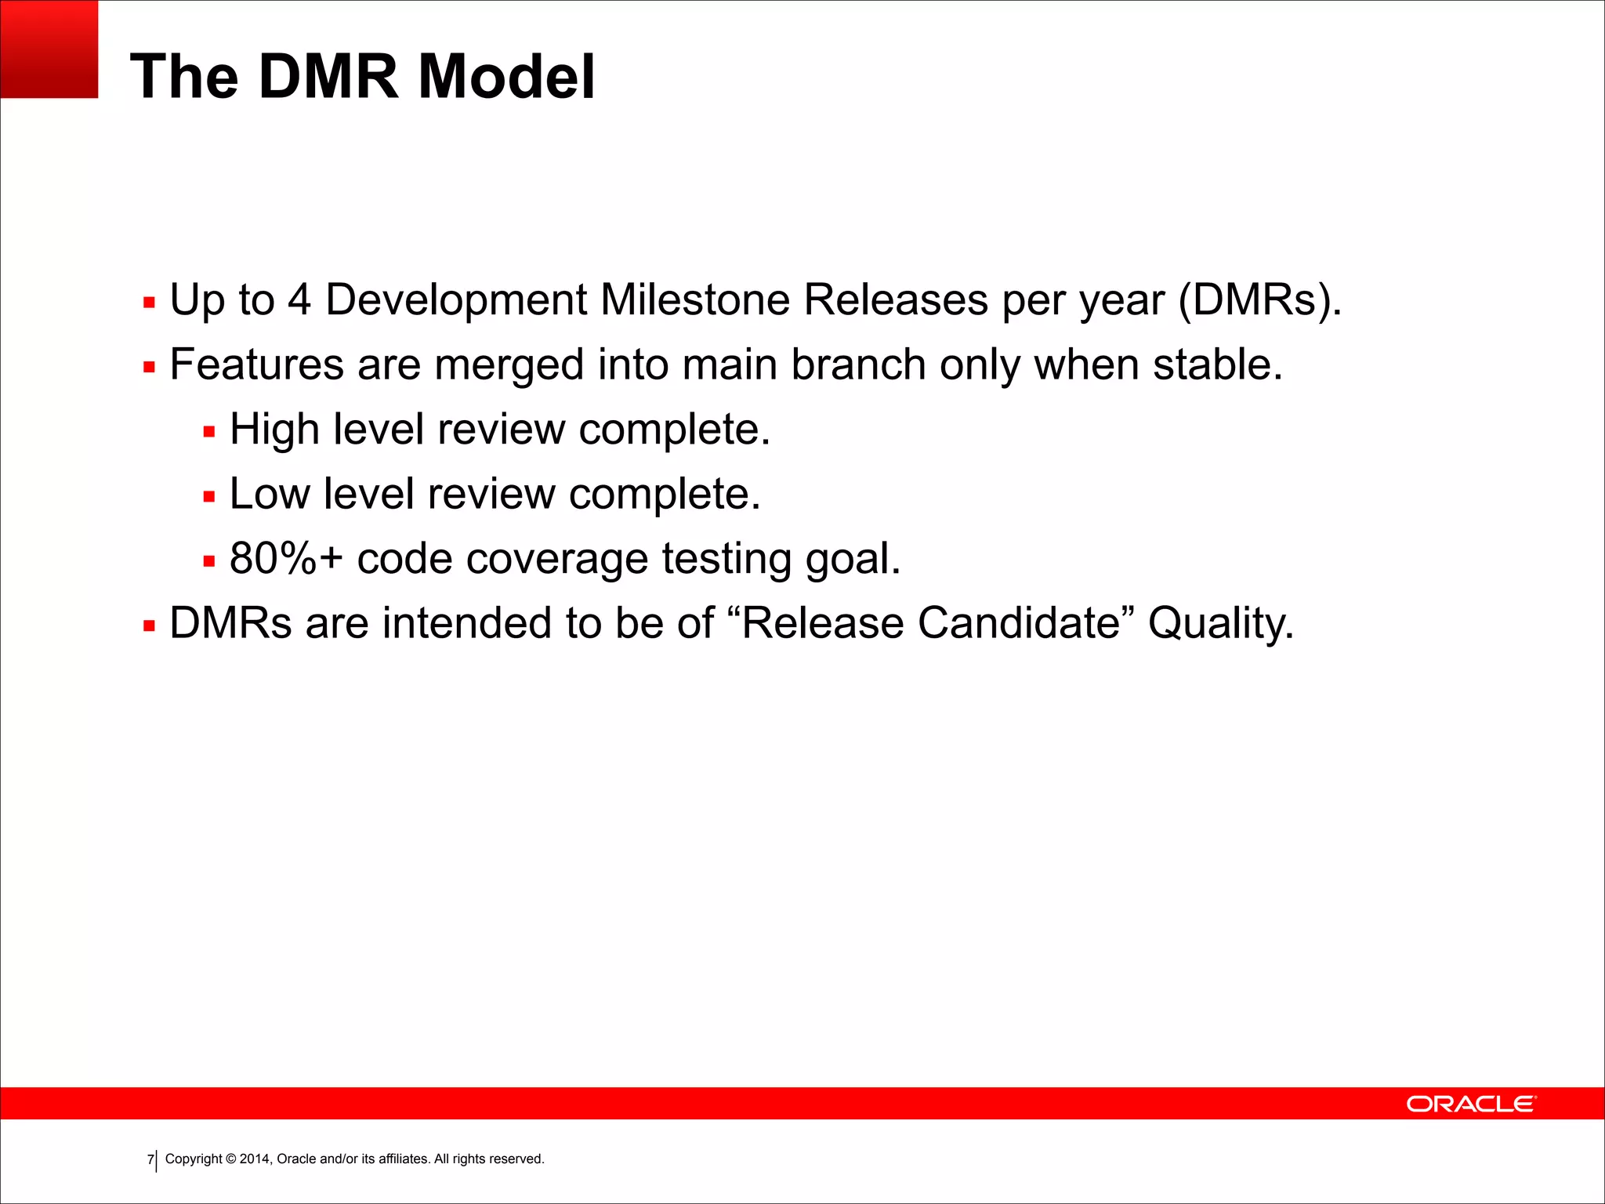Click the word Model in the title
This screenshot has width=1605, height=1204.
click(x=506, y=77)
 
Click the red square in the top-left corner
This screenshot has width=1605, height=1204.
click(x=49, y=49)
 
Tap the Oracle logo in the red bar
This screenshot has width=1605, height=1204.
click(x=1471, y=1104)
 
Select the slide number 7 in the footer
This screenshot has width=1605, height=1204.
click(x=150, y=1159)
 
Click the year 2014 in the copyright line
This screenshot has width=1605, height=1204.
click(x=255, y=1159)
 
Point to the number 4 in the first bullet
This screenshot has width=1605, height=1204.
click(x=299, y=300)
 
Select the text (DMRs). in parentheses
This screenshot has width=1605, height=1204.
click(x=1260, y=300)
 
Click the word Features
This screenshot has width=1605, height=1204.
click(x=256, y=365)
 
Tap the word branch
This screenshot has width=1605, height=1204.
click(x=858, y=365)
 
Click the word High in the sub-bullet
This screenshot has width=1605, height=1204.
click(x=274, y=430)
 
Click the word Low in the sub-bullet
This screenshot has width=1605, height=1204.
click(x=269, y=495)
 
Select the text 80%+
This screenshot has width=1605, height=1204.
click(x=286, y=559)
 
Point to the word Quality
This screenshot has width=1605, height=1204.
click(x=1220, y=624)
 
